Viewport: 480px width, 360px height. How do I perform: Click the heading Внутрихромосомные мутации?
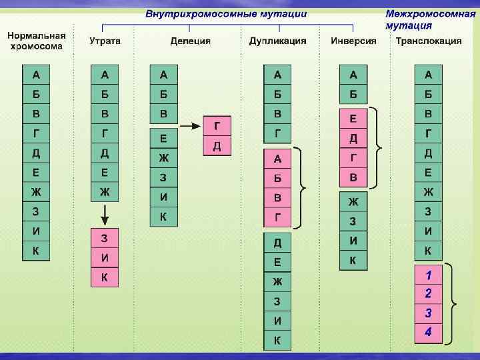coord(226,13)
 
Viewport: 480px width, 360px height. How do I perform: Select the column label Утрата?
coord(105,41)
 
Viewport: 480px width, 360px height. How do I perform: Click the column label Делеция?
coord(190,41)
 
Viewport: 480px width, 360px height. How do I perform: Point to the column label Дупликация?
coord(278,41)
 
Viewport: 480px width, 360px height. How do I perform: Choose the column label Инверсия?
coord(353,41)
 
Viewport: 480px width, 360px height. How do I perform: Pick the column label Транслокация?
coord(429,41)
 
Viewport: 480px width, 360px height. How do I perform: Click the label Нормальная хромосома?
coord(37,41)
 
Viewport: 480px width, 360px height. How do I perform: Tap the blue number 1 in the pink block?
coord(429,274)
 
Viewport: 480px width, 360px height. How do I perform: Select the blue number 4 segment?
coord(429,331)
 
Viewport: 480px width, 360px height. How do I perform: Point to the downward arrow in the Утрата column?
coord(105,215)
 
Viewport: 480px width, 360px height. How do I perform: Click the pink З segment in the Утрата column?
coord(105,238)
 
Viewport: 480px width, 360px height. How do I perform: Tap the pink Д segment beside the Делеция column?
coord(217,145)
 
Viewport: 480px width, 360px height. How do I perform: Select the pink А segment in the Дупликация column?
coord(278,159)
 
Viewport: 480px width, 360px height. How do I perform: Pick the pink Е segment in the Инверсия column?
coord(353,119)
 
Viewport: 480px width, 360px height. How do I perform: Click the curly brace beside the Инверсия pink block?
coord(378,147)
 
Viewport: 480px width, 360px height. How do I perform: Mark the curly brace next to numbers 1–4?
coord(453,303)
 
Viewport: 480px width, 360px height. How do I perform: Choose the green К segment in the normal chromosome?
coord(36,251)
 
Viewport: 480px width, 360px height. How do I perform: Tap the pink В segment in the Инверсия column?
coord(353,177)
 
